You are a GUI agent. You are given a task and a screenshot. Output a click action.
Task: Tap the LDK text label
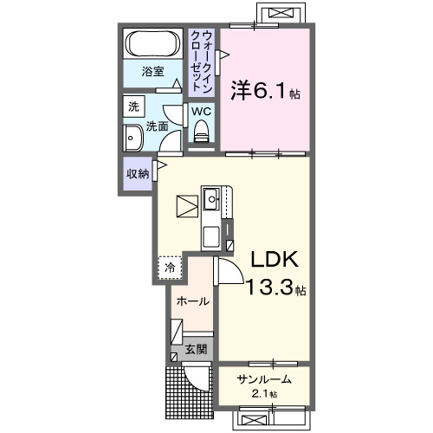(275, 260)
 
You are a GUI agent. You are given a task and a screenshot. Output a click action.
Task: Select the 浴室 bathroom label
(152, 73)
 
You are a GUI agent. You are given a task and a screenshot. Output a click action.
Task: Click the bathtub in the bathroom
(153, 43)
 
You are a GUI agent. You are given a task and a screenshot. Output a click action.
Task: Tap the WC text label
(201, 112)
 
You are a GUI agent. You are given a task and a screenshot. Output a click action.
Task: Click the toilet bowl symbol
(202, 132)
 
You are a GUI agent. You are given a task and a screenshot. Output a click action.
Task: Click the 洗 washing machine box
(133, 108)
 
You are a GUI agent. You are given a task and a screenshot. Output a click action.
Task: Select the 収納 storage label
(138, 173)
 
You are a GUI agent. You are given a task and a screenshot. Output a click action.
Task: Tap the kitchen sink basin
(211, 200)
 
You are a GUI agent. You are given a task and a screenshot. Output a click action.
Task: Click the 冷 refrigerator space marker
(170, 268)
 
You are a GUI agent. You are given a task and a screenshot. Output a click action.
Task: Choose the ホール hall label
(191, 301)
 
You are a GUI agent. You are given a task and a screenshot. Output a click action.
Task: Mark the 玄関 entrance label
(196, 350)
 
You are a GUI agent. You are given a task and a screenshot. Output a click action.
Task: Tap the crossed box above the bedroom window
(280, 15)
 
